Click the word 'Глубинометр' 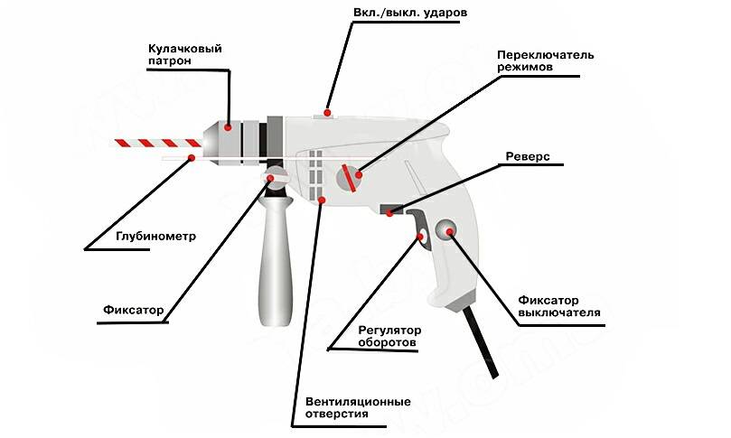coord(156,237)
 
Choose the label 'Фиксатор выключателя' coord(559,307)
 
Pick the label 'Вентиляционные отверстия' coord(346,407)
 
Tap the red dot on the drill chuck coord(230,127)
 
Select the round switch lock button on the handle coord(446,230)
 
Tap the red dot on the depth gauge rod coord(191,159)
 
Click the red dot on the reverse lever coord(389,213)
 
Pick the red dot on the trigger coord(421,237)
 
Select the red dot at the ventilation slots coord(321,199)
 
